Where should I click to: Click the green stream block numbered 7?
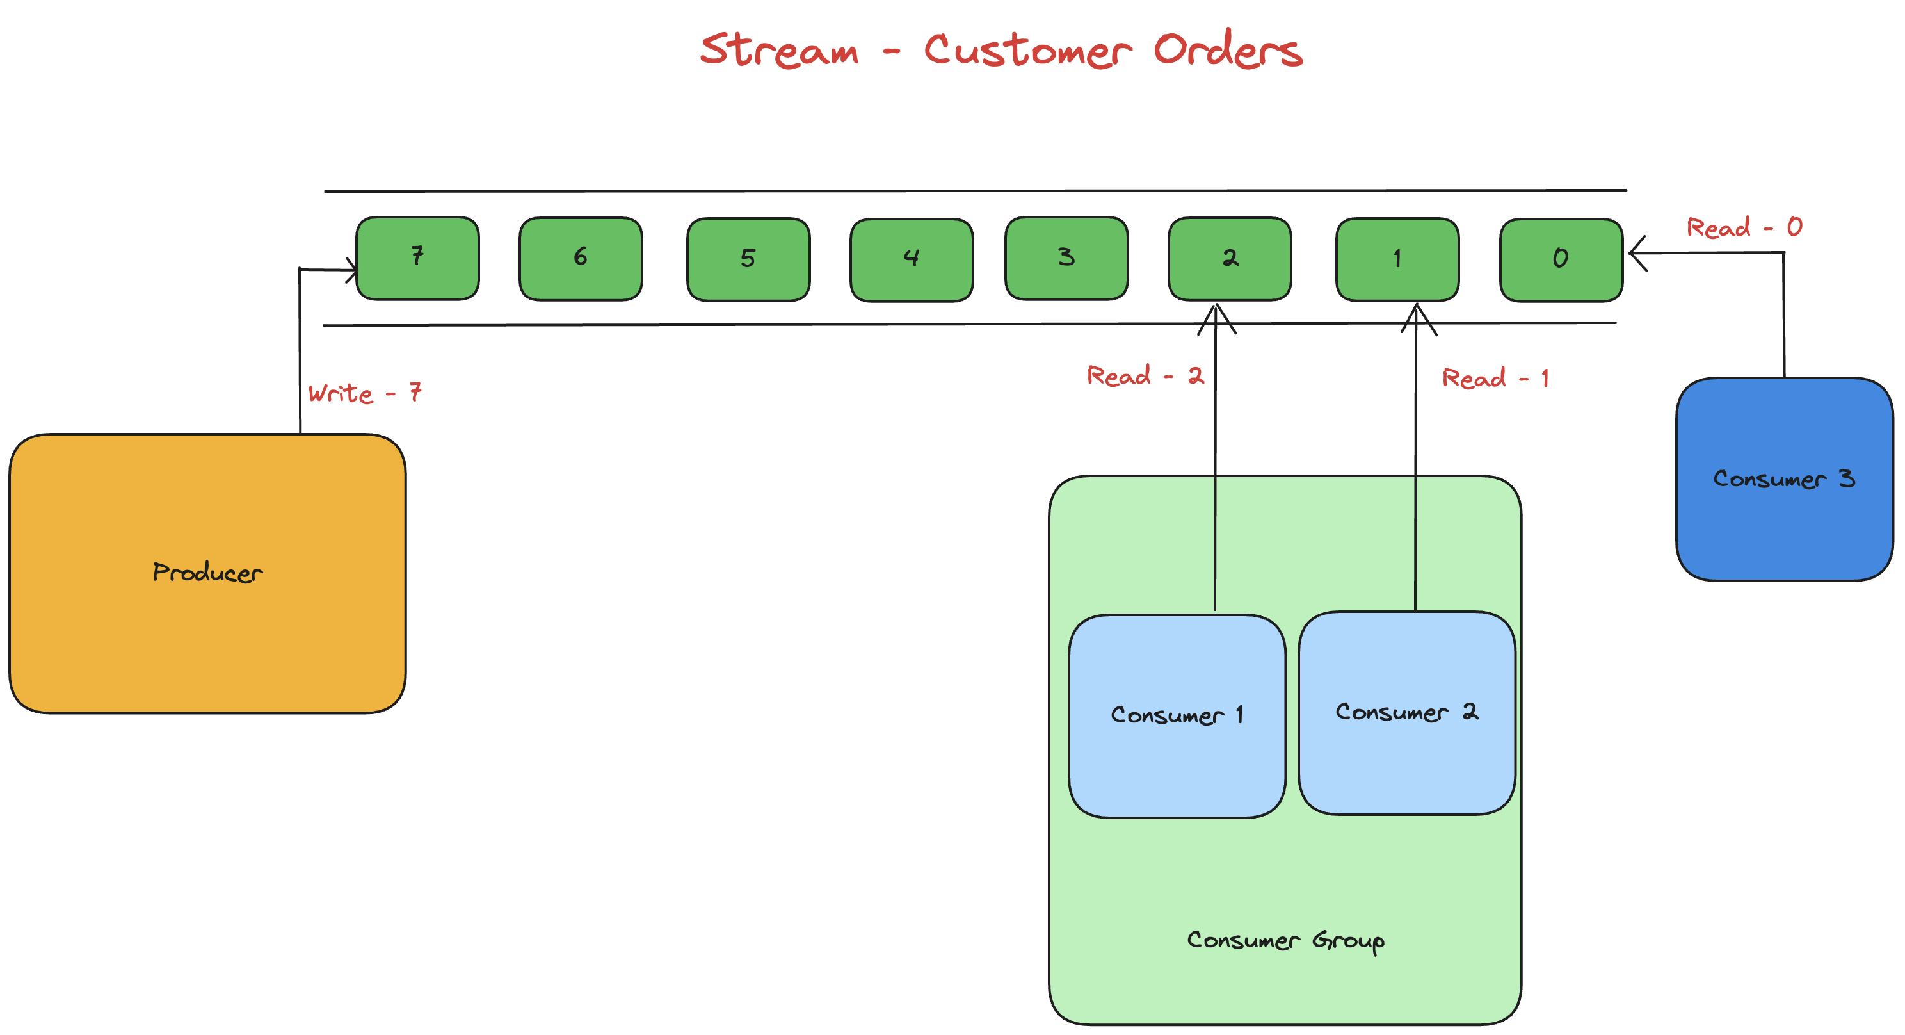(417, 258)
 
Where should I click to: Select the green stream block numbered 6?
(581, 259)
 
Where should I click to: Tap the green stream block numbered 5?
(748, 259)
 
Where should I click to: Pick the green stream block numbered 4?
(911, 259)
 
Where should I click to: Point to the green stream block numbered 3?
(1066, 258)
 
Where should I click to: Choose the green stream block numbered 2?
(1230, 259)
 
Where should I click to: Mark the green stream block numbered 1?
(1397, 259)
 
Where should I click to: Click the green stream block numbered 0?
(1561, 259)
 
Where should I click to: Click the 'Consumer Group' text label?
(1285, 941)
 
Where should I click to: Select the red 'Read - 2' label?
(1145, 376)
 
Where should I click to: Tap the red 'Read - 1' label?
(1495, 379)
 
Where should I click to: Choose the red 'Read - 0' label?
(1744, 227)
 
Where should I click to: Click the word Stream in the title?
(780, 51)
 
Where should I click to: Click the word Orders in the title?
(1228, 51)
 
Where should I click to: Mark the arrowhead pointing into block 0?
(1636, 253)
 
